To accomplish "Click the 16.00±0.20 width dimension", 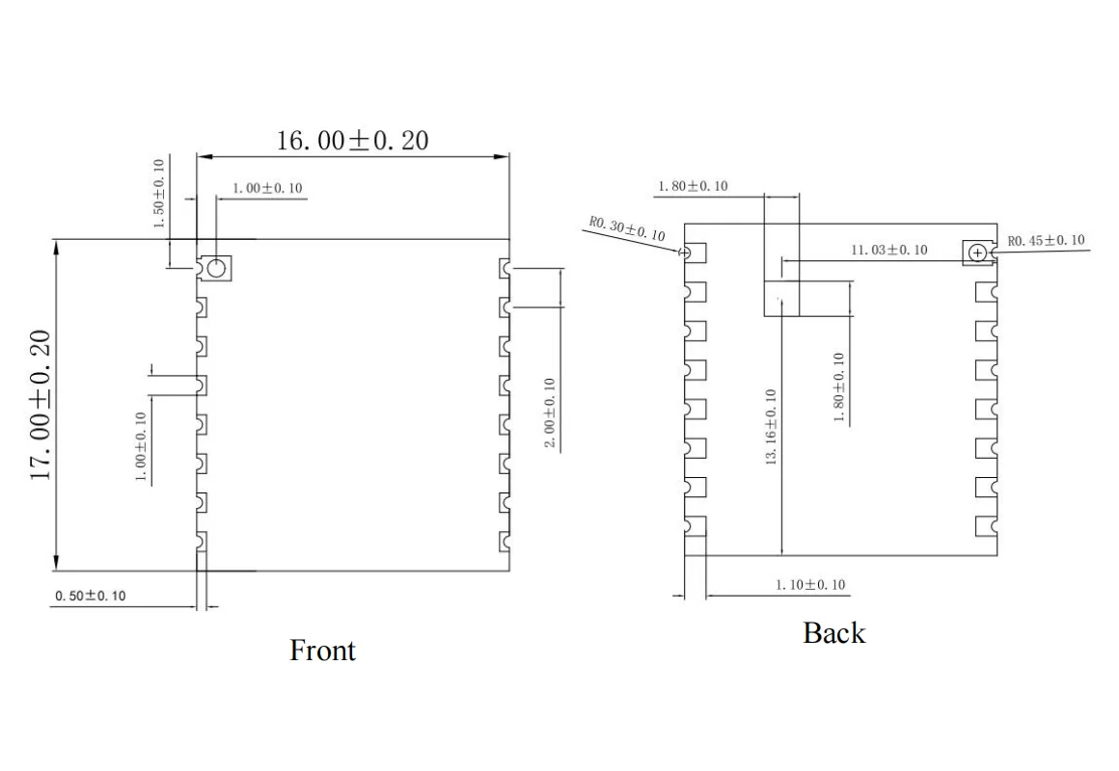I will (x=353, y=141).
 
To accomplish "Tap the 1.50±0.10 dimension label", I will (x=159, y=194).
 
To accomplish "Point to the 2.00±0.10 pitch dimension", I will (x=549, y=412).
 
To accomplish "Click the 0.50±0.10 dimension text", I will (x=90, y=597).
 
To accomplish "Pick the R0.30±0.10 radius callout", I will (x=627, y=229).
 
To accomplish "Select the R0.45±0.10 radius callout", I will (x=1046, y=240).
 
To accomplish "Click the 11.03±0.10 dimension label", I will (x=888, y=250).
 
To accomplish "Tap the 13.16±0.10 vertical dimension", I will (x=771, y=427).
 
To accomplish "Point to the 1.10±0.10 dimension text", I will (x=810, y=585).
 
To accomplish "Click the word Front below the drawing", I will (x=322, y=651).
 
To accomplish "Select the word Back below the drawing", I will (x=834, y=633).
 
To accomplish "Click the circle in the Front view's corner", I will (x=216, y=267).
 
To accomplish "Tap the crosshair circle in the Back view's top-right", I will (x=978, y=253).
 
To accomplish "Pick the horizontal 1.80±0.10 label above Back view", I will (x=693, y=186).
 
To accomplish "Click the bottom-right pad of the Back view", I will (x=986, y=526).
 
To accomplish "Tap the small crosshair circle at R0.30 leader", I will (x=685, y=253).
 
